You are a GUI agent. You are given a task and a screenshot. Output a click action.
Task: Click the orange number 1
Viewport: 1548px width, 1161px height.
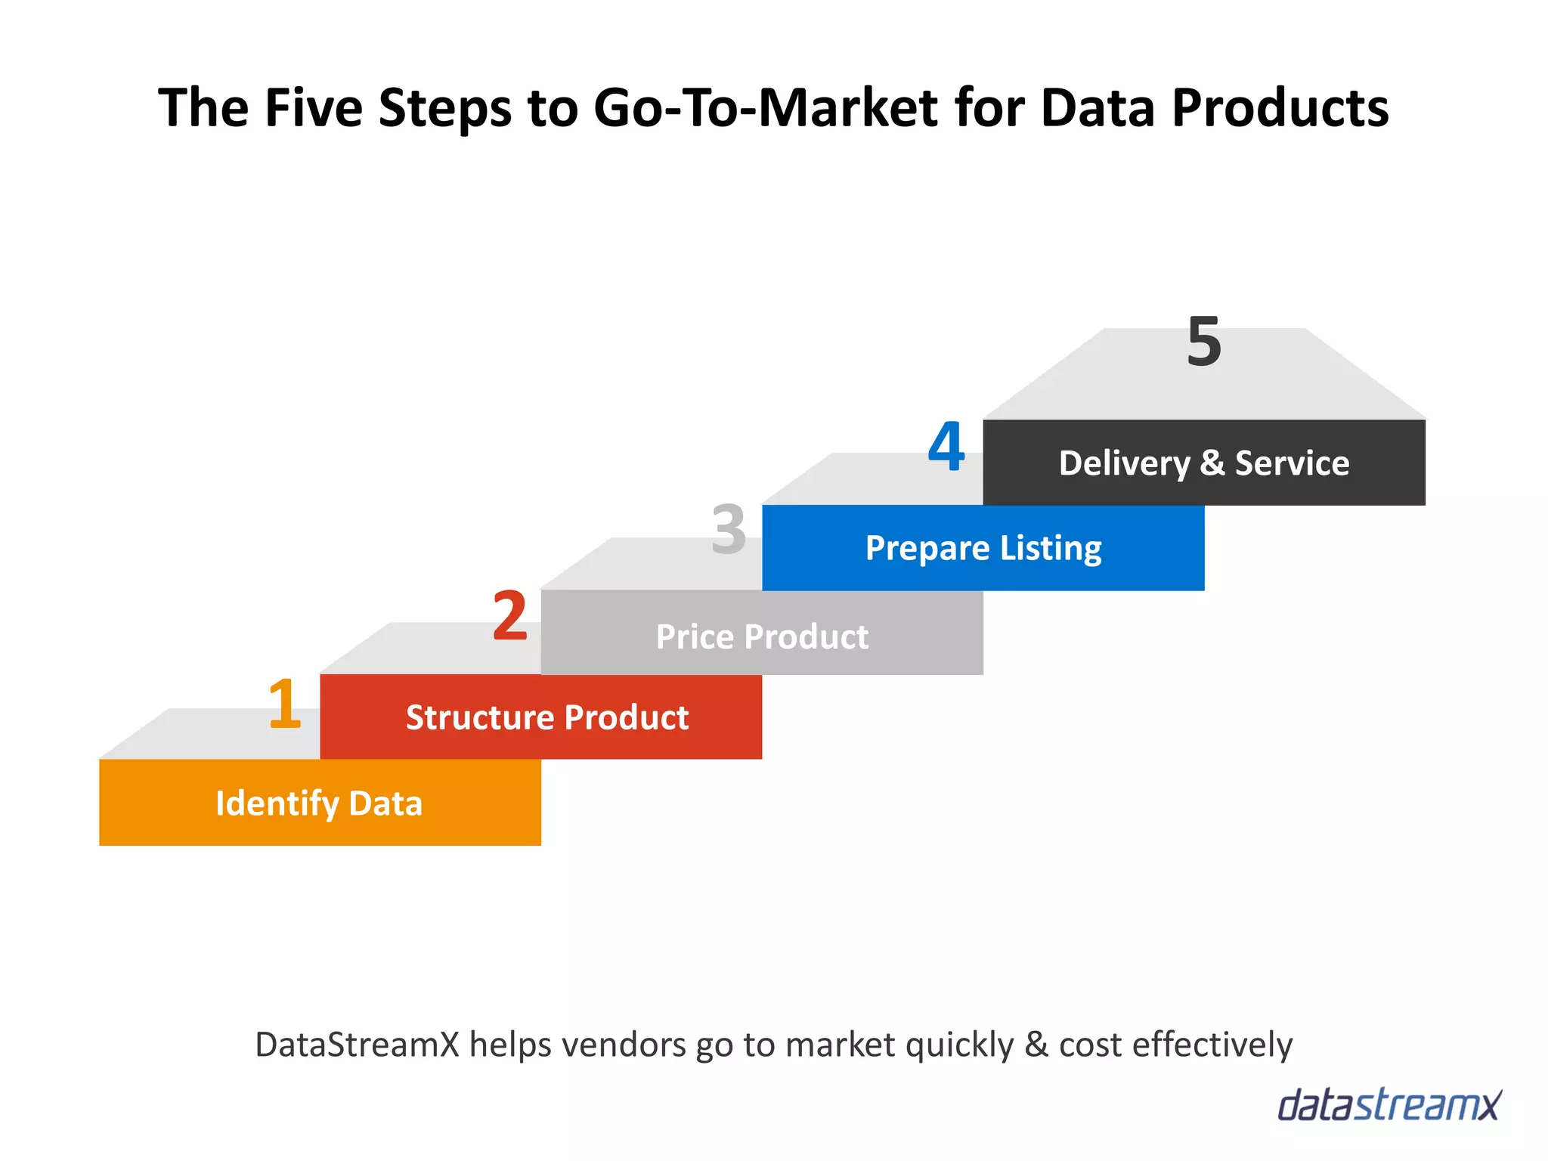(x=285, y=704)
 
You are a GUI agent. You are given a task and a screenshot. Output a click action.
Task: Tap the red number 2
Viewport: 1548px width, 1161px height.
(x=510, y=616)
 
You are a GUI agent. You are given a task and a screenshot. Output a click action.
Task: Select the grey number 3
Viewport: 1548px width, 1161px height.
(x=729, y=529)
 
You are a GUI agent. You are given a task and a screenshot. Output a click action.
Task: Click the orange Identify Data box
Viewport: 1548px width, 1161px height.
(x=320, y=803)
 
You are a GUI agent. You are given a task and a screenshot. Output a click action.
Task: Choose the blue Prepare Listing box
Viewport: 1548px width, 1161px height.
(x=983, y=548)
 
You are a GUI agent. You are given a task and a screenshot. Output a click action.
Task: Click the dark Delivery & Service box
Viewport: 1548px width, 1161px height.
(x=1204, y=463)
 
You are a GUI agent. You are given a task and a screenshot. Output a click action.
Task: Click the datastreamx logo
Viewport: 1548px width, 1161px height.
(x=1389, y=1105)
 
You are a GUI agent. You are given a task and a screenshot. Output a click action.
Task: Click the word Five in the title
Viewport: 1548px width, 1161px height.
(x=313, y=107)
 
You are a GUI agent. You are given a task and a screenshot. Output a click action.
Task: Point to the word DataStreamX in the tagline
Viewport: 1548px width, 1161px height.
(x=357, y=1045)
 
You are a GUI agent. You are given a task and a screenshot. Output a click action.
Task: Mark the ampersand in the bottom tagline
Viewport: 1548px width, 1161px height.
(x=1036, y=1045)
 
